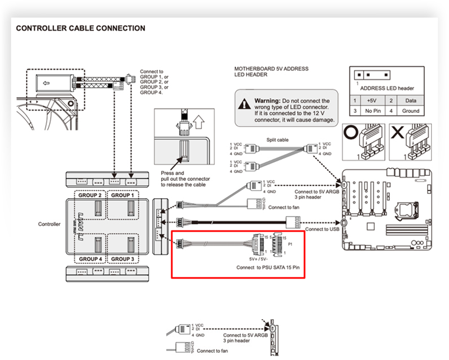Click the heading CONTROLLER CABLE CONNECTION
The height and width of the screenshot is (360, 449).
(x=81, y=28)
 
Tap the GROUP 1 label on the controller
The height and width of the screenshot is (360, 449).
(x=123, y=195)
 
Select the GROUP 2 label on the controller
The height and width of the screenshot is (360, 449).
(x=90, y=195)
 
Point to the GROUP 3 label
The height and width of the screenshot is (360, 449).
(x=123, y=259)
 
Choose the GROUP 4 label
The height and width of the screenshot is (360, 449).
(x=90, y=259)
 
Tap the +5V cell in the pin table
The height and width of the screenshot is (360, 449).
(x=372, y=100)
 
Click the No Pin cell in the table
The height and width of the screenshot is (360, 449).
(x=372, y=111)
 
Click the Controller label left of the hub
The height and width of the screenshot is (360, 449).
(x=49, y=224)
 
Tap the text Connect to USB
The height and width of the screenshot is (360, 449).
(x=322, y=229)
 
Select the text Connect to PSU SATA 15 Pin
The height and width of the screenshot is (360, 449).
(x=268, y=268)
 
